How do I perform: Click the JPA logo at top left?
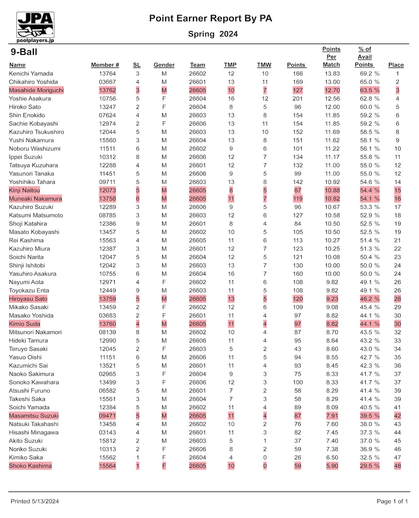[x=36, y=27]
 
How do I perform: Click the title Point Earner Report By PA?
[x=211, y=18]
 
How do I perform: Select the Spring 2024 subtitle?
[x=213, y=34]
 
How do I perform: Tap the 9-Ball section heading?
[x=24, y=52]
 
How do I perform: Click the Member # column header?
[x=105, y=65]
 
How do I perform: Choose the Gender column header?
[x=164, y=65]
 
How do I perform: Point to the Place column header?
[x=396, y=65]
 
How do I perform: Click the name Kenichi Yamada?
[x=31, y=73]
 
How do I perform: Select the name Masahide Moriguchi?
[x=36, y=90]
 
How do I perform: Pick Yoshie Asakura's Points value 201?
[x=297, y=98]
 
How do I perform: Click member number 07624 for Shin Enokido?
[x=107, y=115]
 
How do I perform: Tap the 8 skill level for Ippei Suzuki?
[x=137, y=157]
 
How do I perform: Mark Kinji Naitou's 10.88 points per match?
[x=332, y=190]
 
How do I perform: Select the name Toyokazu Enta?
[x=29, y=290]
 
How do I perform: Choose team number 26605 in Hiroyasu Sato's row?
[x=197, y=299]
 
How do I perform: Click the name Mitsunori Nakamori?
[x=35, y=332]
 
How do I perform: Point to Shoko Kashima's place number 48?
[x=397, y=466]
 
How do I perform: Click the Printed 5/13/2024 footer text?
[x=35, y=501]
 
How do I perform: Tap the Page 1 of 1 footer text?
[x=392, y=501]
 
